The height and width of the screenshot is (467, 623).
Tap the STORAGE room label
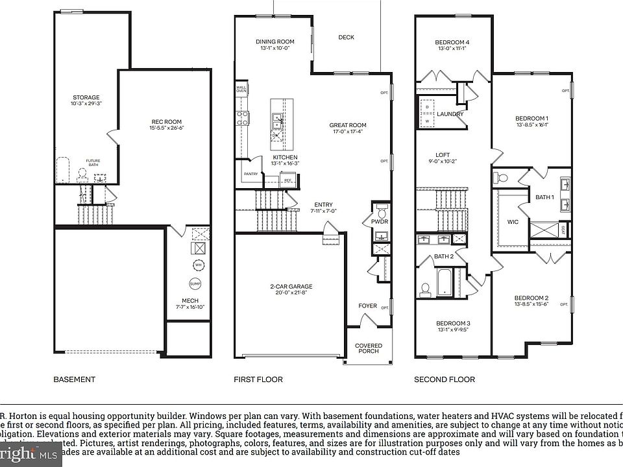(86, 98)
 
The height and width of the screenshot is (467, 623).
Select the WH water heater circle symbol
(198, 265)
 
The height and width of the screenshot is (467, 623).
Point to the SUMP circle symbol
(195, 284)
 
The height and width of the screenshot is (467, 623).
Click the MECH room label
(190, 301)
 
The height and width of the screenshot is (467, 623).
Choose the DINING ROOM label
(275, 42)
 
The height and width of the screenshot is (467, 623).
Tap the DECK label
(347, 38)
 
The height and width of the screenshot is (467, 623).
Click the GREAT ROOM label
(348, 125)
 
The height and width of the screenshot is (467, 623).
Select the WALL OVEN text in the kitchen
(241, 89)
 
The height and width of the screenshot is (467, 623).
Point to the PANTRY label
(250, 174)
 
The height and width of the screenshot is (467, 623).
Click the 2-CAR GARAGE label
(291, 287)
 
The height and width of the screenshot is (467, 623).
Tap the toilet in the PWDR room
(382, 212)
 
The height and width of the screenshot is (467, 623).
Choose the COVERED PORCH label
(369, 348)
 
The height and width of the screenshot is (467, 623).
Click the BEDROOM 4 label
(452, 43)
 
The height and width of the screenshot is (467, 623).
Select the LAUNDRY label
(450, 114)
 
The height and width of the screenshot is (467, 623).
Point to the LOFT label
(443, 155)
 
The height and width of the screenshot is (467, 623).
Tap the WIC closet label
(513, 222)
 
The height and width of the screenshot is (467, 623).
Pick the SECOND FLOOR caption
(445, 379)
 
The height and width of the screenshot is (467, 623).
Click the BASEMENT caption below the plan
(74, 379)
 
